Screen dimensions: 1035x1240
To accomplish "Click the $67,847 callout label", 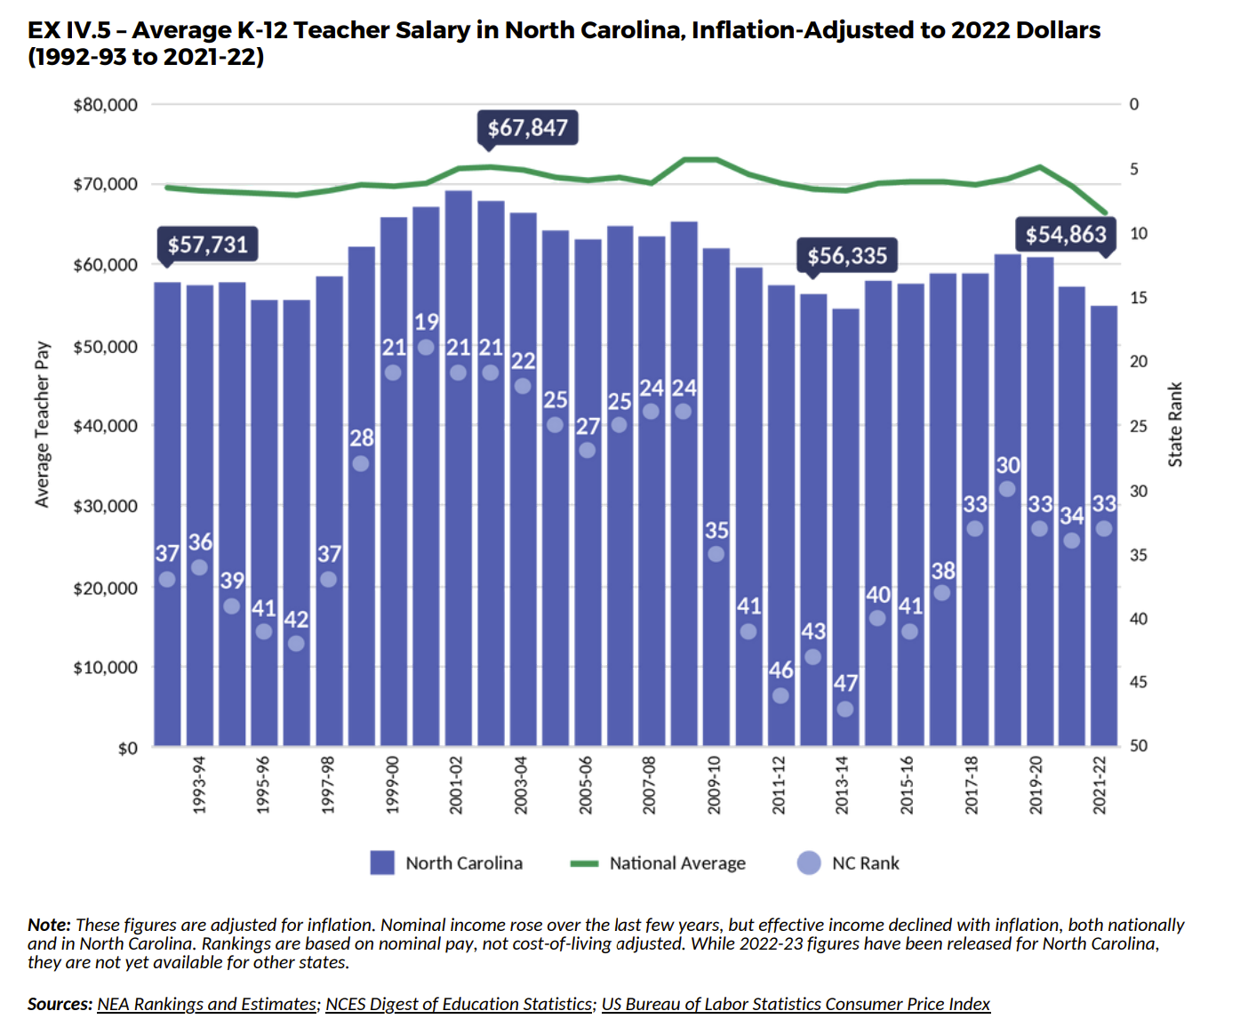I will pyautogui.click(x=528, y=128).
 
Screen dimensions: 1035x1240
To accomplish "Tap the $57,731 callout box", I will pyautogui.click(x=208, y=245).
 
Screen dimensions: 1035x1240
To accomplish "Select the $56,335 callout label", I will pyautogui.click(x=847, y=256).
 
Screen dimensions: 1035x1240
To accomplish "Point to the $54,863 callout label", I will pyautogui.click(x=1066, y=235).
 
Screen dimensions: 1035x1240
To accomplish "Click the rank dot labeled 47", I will pyautogui.click(x=845, y=709).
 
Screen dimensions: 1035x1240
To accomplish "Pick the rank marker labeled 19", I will pyautogui.click(x=426, y=347).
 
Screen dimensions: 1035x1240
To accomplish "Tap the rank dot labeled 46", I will pyautogui.click(x=780, y=695).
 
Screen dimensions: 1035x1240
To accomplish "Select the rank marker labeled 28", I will pyautogui.click(x=361, y=463).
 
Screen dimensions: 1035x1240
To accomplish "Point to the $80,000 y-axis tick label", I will pyautogui.click(x=106, y=105).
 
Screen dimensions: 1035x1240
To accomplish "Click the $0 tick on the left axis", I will pyautogui.click(x=128, y=748).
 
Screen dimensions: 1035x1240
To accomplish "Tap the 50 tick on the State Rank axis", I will pyautogui.click(x=1138, y=746).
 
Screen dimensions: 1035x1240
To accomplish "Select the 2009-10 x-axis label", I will pyautogui.click(x=715, y=785).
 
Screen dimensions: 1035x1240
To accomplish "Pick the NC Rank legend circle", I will pyautogui.click(x=809, y=863).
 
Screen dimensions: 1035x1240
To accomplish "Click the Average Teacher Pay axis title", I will pyautogui.click(x=42, y=424).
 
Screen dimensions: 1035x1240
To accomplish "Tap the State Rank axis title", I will pyautogui.click(x=1175, y=424).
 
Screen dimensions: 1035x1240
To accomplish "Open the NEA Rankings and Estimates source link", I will pyautogui.click(x=207, y=1004).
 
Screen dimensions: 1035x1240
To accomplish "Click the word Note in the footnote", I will pyautogui.click(x=48, y=925).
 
